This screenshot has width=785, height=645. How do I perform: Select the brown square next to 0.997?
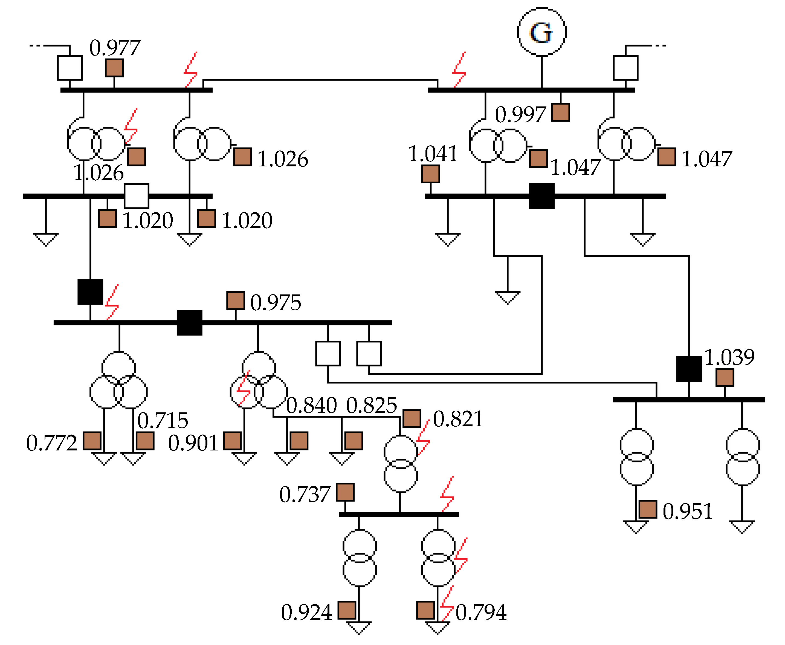click(560, 112)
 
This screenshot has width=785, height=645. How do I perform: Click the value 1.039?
click(729, 357)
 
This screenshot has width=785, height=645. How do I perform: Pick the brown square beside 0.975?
click(236, 300)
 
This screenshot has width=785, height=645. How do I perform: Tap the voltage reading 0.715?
click(163, 420)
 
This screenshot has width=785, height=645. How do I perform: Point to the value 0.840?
click(311, 405)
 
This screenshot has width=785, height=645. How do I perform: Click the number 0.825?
click(372, 405)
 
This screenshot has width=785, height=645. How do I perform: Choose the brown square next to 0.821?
click(412, 419)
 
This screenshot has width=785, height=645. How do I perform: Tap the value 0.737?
click(305, 494)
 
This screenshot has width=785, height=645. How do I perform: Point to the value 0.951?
click(687, 511)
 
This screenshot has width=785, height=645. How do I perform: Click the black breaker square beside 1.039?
click(688, 369)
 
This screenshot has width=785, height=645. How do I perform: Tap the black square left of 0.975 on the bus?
click(189, 322)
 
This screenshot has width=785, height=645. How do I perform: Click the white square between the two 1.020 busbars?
click(136, 196)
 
